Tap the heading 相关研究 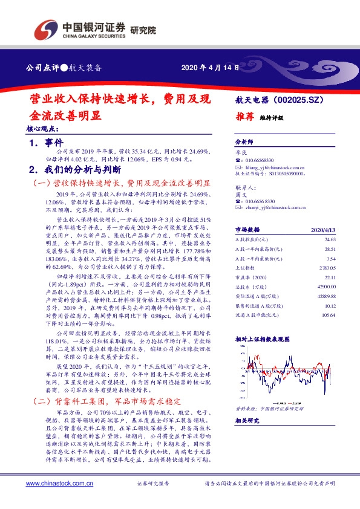click(246, 420)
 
